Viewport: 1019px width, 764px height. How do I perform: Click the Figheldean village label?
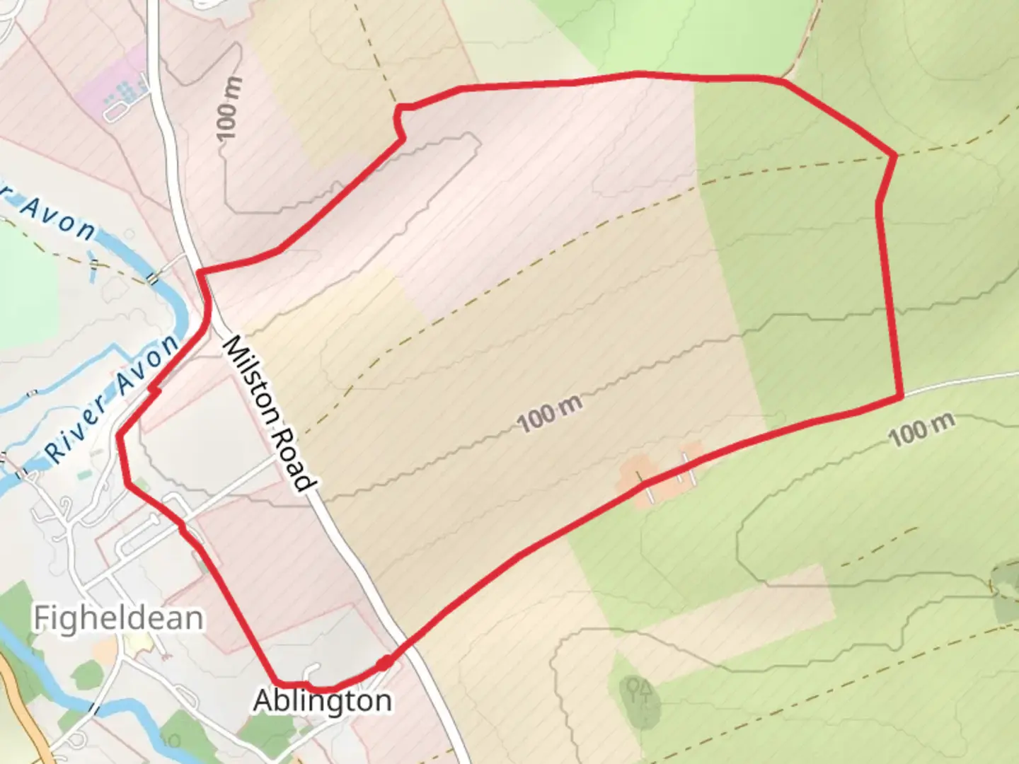click(118, 618)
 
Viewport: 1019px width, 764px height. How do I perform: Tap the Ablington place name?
click(323, 701)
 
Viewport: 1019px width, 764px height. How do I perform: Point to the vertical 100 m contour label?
click(229, 108)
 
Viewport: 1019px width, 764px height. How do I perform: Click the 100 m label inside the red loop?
click(550, 414)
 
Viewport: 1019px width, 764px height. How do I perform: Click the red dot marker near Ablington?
click(384, 663)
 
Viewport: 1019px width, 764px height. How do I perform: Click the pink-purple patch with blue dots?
click(113, 88)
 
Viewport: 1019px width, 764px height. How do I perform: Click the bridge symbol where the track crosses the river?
click(152, 278)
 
